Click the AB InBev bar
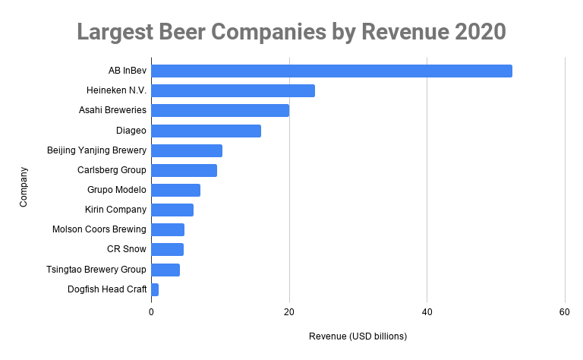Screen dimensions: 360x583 [x=332, y=71]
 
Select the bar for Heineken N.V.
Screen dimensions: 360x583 [x=233, y=91]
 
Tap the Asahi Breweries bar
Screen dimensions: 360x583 [x=220, y=111]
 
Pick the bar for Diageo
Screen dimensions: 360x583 [x=206, y=131]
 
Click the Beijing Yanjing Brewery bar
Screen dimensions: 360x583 [x=187, y=150]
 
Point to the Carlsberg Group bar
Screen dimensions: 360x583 [x=184, y=170]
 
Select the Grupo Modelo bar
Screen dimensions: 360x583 [x=175, y=190]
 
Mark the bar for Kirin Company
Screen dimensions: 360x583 [x=172, y=210]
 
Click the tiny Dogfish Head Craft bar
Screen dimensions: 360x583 [x=155, y=289]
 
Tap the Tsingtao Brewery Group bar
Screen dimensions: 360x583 [x=165, y=270]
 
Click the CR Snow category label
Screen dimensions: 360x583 [x=127, y=249]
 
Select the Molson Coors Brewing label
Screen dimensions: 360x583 [x=99, y=229]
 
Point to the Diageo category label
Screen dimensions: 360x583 [x=131, y=131]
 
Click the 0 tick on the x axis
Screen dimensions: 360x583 [x=152, y=312]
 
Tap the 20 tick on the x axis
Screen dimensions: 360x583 [x=289, y=312]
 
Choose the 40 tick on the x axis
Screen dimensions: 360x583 [x=427, y=312]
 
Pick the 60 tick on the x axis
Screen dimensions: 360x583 [x=565, y=312]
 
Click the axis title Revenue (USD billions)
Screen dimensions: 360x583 [x=358, y=336]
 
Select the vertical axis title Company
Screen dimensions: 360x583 [x=24, y=186]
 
